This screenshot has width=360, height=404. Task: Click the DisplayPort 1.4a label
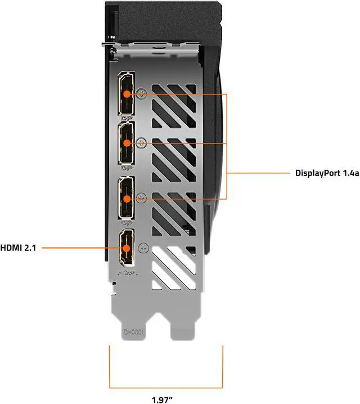point(326,173)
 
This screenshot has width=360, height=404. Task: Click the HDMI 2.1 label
point(18,247)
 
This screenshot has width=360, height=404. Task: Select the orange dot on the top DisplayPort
point(128,93)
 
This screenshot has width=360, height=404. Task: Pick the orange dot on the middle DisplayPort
point(128,143)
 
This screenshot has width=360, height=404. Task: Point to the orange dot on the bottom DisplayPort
point(128,198)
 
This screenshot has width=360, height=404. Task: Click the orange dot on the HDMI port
point(127,247)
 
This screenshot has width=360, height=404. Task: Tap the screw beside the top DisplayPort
point(142,93)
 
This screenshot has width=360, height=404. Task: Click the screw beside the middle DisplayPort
point(142,143)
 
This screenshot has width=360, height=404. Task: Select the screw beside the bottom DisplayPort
point(142,197)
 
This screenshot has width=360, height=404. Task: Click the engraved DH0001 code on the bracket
point(134,333)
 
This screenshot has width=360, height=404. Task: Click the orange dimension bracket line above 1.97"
point(166,388)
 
